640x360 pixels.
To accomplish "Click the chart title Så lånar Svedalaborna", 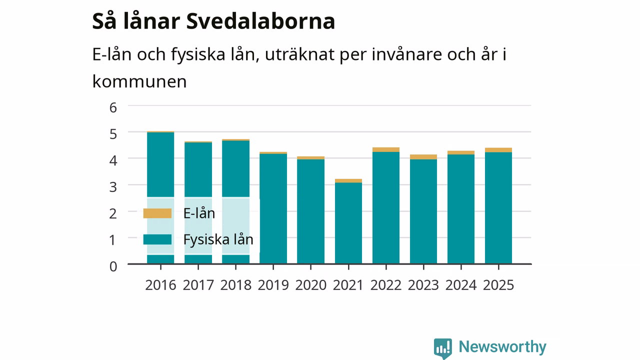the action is pyautogui.click(x=213, y=21).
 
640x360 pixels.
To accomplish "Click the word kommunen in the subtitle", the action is pyautogui.click(x=139, y=81).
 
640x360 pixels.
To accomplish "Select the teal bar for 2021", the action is pyautogui.click(x=348, y=223).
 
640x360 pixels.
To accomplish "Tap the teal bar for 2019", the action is pyautogui.click(x=273, y=208).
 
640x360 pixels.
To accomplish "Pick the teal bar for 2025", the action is pyautogui.click(x=498, y=207).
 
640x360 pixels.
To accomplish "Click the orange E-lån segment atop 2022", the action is pyautogui.click(x=385, y=149).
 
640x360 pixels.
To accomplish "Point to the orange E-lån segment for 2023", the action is pyautogui.click(x=423, y=157).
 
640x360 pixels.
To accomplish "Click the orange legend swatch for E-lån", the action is pyautogui.click(x=157, y=213).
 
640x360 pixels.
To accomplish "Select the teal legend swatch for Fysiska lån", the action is pyautogui.click(x=157, y=239).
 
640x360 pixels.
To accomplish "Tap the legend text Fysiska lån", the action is pyautogui.click(x=218, y=239).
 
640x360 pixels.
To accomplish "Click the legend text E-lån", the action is pyautogui.click(x=199, y=213).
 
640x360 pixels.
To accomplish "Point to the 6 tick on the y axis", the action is pyautogui.click(x=113, y=107).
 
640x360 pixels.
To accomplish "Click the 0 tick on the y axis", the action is pyautogui.click(x=113, y=266).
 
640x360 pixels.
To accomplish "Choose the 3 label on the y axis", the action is pyautogui.click(x=113, y=187).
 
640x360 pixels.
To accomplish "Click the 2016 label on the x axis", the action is pyautogui.click(x=160, y=285).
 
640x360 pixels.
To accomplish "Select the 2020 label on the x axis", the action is pyautogui.click(x=310, y=285).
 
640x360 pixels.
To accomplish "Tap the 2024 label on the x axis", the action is pyautogui.click(x=461, y=285).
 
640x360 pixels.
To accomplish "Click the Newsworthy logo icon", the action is pyautogui.click(x=443, y=348).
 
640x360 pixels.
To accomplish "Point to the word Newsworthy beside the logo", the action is pyautogui.click(x=502, y=346).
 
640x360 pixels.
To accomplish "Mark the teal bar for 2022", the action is pyautogui.click(x=385, y=207).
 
